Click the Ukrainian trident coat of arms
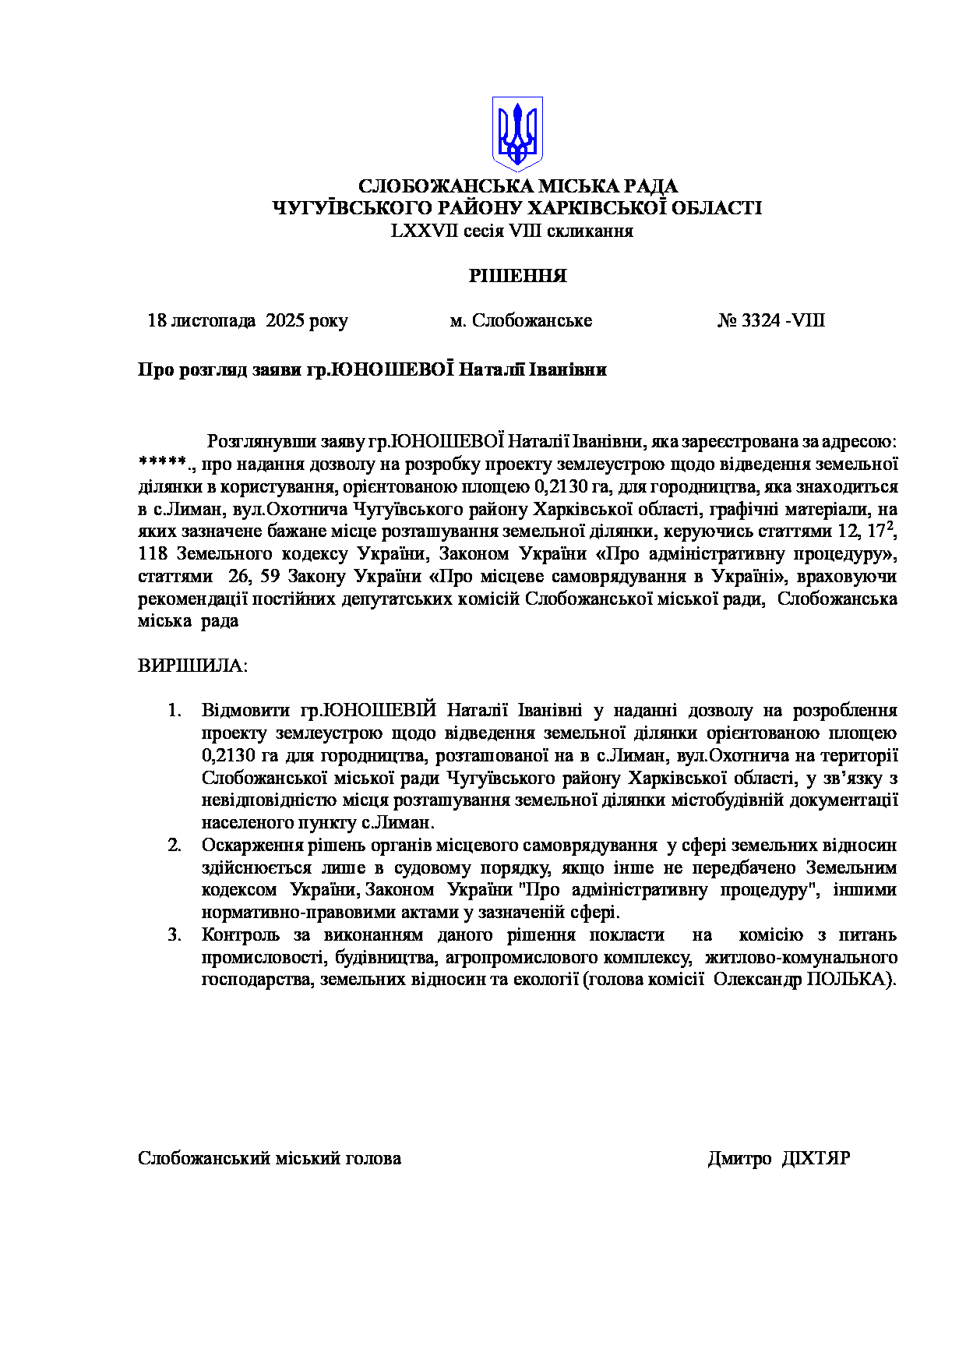[516, 133]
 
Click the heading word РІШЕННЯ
[517, 276]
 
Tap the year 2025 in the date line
[285, 320]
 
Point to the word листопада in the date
[213, 320]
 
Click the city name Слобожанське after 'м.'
[532, 320]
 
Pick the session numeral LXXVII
[425, 231]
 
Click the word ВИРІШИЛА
[192, 666]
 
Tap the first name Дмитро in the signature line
[739, 1158]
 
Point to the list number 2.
[175, 846]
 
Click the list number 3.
[175, 935]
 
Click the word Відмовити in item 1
[245, 711]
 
